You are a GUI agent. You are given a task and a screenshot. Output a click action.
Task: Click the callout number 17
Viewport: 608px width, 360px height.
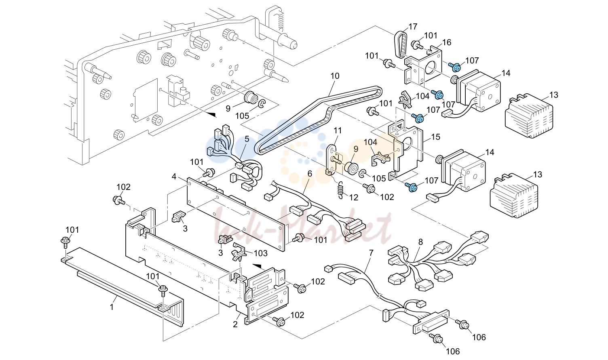coord(413,27)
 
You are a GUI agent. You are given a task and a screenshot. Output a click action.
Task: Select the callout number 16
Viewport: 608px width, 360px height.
coord(447,42)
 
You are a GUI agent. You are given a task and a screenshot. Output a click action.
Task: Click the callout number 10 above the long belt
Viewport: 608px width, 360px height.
coord(335,76)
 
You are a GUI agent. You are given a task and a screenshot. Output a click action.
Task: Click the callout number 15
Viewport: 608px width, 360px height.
coord(435,137)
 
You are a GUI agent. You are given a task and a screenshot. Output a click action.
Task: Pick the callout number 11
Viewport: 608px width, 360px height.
coord(338,131)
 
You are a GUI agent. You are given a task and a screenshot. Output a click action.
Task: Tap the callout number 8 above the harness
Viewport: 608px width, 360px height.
coord(420,242)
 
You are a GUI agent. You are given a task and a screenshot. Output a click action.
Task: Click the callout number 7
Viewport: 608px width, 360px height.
coord(371,253)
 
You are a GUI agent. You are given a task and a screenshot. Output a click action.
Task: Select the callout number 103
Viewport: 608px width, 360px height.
coord(261,253)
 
